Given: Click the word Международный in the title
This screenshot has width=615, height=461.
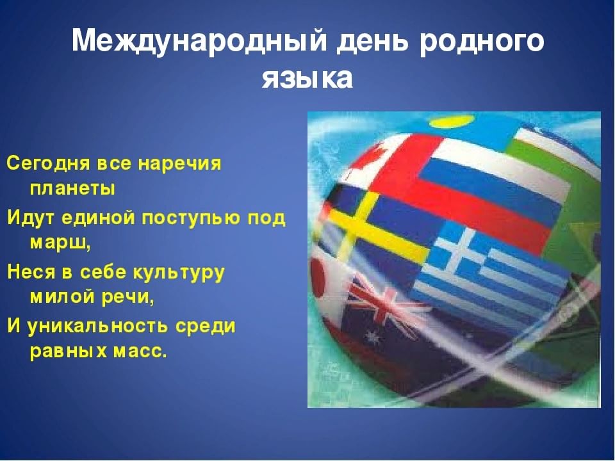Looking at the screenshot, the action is coord(199,40).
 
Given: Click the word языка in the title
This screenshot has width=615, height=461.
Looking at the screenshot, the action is coord(307,78).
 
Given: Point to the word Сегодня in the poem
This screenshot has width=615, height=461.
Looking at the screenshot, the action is coord(49,163).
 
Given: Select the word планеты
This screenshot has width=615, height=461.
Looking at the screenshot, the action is coord(72,188).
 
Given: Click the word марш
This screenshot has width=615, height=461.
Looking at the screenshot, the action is coord(60,243).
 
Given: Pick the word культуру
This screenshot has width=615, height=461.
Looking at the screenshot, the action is coord(179,273).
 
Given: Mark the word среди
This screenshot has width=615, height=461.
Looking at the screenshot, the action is coord(205,327).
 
